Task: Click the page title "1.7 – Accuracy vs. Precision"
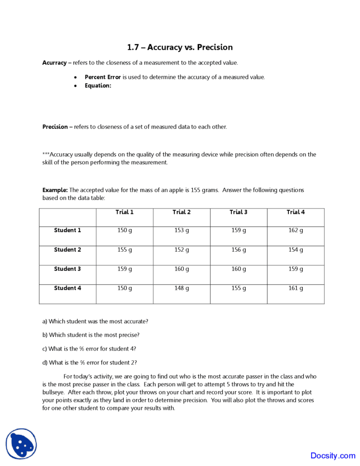(x=180, y=47)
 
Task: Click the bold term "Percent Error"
(x=103, y=77)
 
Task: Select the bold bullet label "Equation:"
(x=98, y=86)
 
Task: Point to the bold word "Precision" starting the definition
(x=55, y=127)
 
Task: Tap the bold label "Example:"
(x=55, y=190)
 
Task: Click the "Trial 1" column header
(x=124, y=212)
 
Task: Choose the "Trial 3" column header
(x=239, y=212)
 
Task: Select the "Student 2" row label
(x=68, y=250)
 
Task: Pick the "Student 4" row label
(x=68, y=288)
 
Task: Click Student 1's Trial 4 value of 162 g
(x=296, y=231)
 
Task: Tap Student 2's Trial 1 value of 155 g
(x=124, y=250)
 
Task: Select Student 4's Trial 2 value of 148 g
(x=181, y=288)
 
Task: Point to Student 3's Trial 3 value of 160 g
(x=239, y=269)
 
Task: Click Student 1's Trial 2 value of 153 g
(x=181, y=231)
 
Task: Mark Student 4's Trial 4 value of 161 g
(x=296, y=288)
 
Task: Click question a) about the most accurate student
(x=95, y=321)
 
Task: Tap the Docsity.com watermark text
(x=333, y=455)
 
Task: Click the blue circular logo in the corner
(x=21, y=444)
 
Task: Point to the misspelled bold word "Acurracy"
(x=54, y=63)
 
